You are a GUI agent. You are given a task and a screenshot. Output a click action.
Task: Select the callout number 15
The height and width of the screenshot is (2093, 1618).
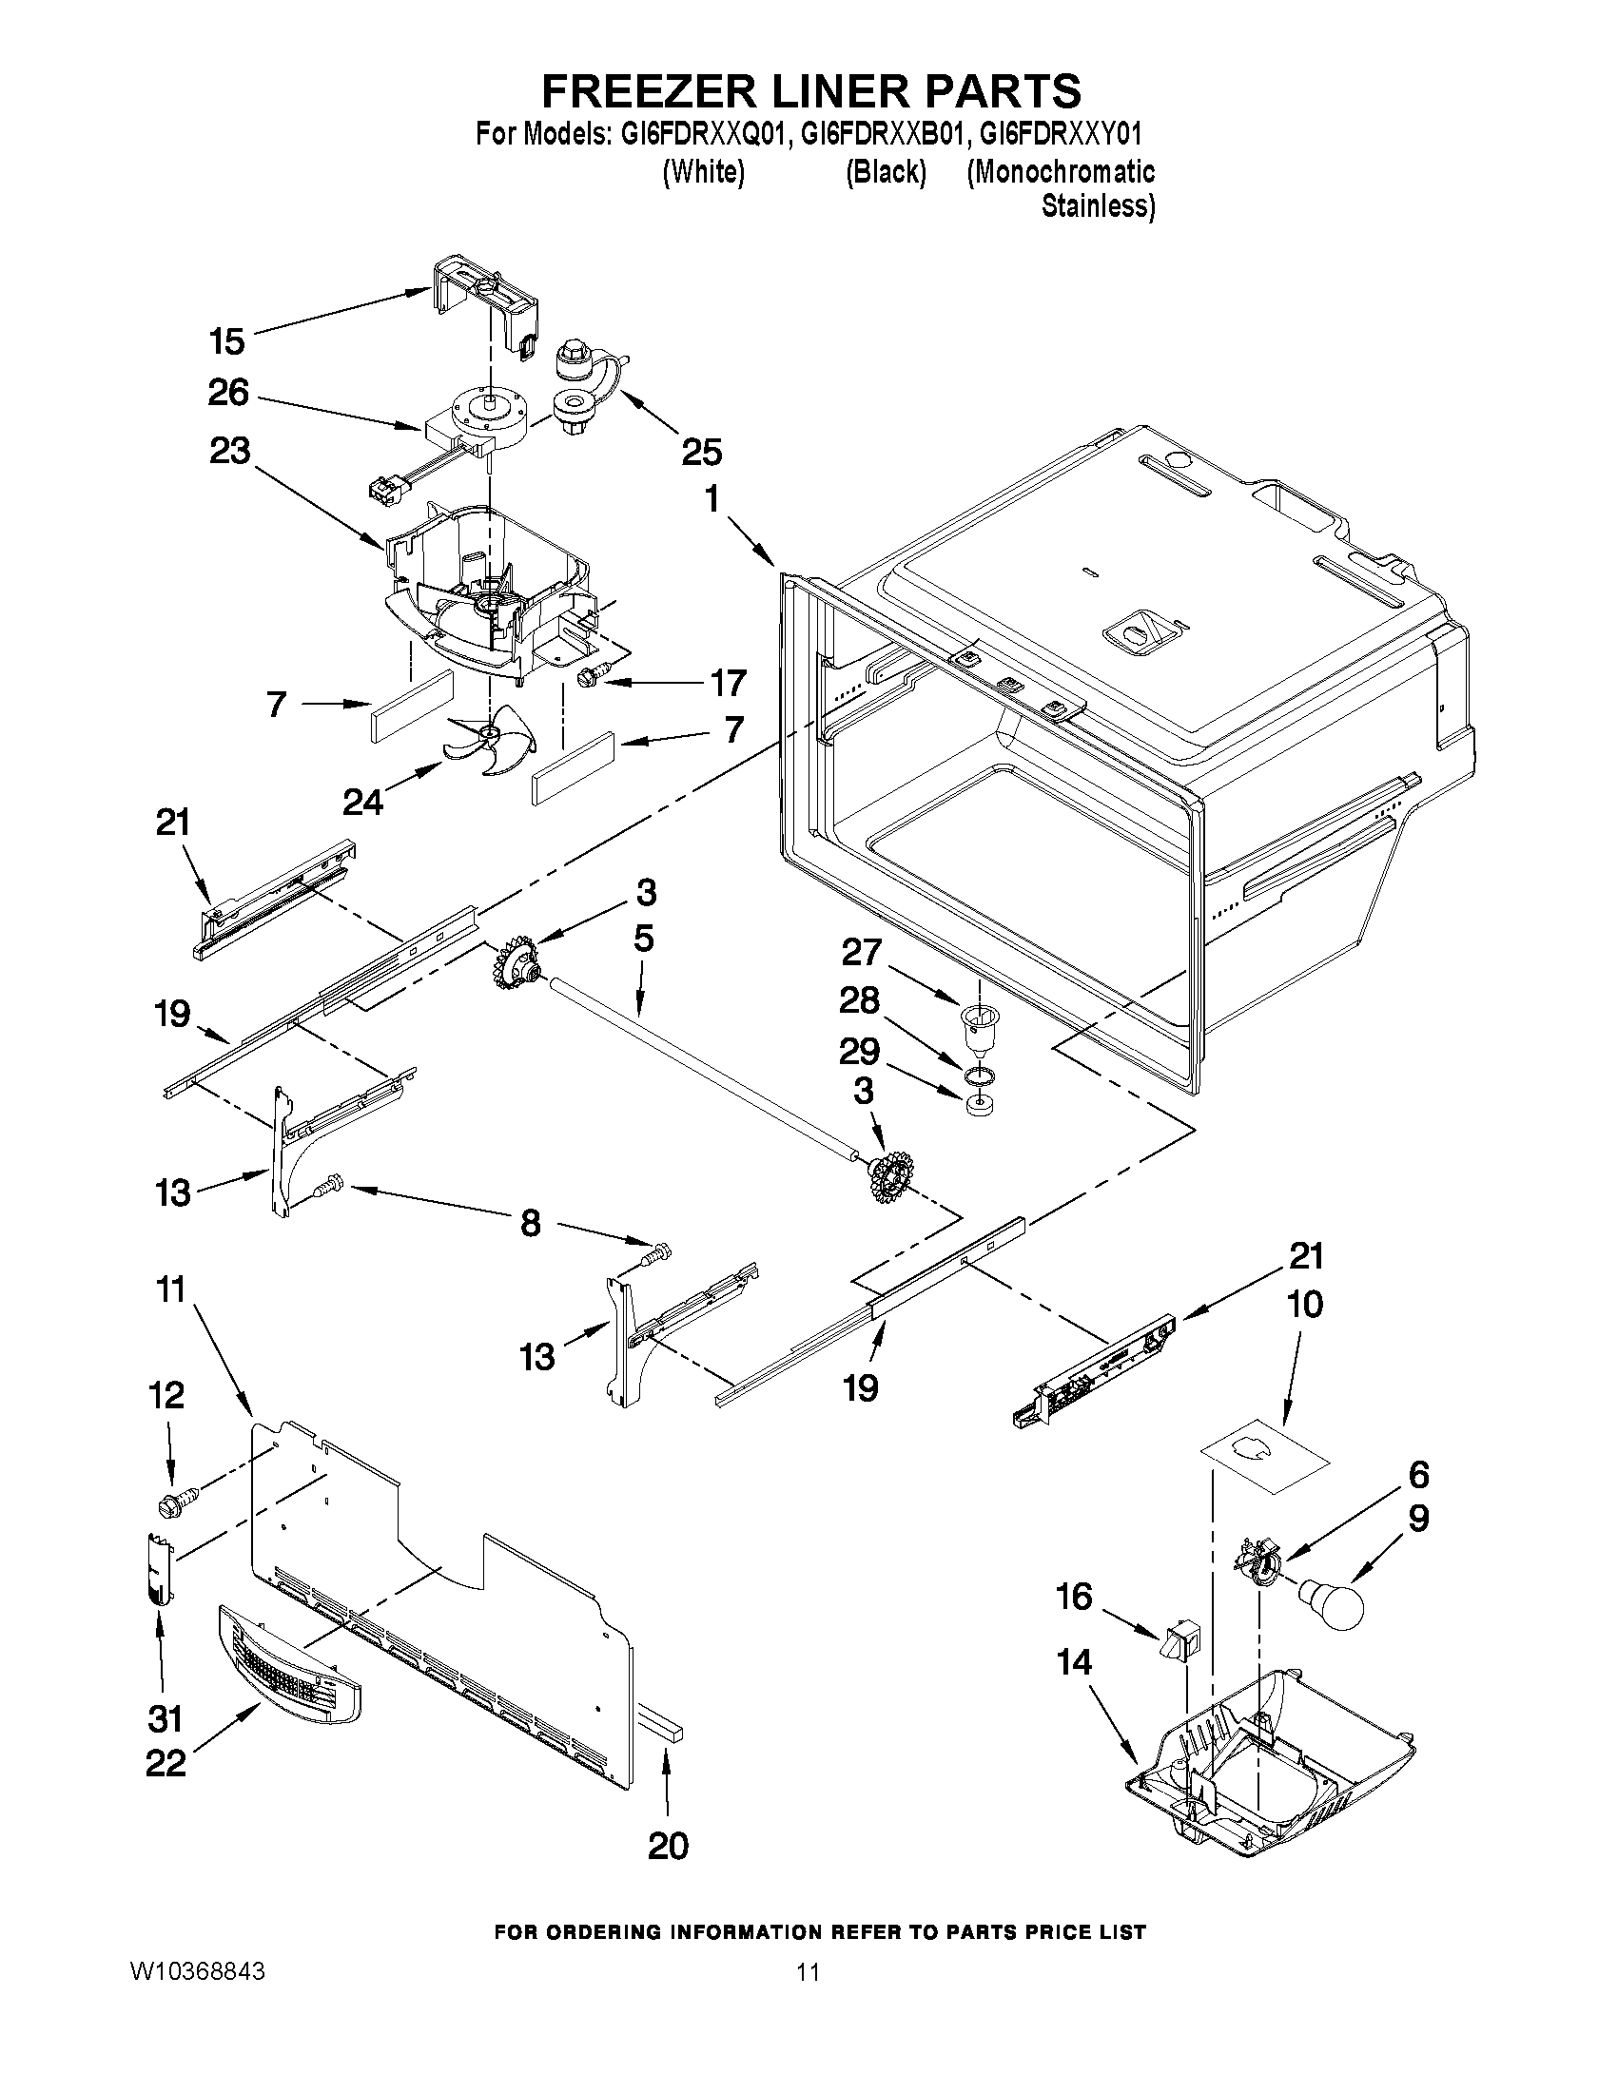(x=227, y=340)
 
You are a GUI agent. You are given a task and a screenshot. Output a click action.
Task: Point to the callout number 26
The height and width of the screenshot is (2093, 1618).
(x=227, y=393)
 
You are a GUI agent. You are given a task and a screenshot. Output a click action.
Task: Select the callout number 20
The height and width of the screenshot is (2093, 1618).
(x=667, y=1845)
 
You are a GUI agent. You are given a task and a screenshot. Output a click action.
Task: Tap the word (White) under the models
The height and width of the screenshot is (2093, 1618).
(x=704, y=172)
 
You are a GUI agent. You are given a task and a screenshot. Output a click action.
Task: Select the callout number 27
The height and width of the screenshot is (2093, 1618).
(x=861, y=952)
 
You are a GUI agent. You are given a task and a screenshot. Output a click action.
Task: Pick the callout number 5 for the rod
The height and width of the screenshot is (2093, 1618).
(x=644, y=939)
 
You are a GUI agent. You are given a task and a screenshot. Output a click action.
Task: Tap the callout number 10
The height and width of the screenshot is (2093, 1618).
(x=1305, y=1305)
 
